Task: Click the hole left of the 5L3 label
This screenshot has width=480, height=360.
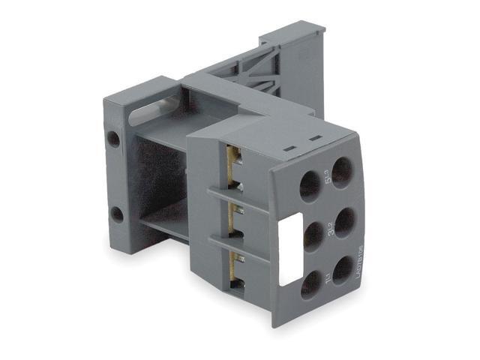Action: tap(310, 184)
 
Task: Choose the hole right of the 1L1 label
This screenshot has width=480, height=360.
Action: tap(343, 271)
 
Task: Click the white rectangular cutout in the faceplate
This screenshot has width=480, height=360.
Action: tap(289, 250)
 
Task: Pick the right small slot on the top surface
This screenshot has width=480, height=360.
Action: tap(312, 139)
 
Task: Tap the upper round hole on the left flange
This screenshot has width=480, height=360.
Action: tap(113, 139)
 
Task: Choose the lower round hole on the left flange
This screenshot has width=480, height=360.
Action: tap(117, 214)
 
